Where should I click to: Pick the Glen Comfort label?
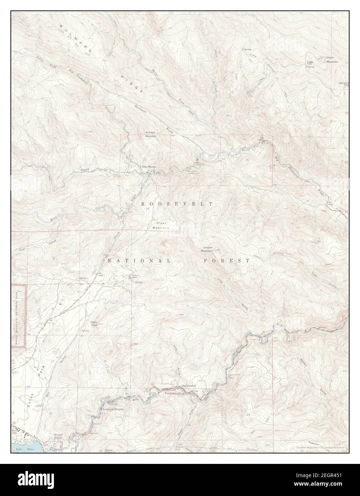(x=189, y=386)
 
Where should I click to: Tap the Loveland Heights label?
(x=113, y=409)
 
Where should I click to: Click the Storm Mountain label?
(x=332, y=60)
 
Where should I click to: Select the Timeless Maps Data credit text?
(x=321, y=448)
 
